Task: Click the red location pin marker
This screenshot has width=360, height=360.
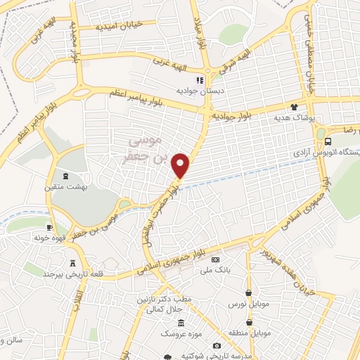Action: [181, 165]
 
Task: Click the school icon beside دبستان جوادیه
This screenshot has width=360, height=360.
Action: [199, 80]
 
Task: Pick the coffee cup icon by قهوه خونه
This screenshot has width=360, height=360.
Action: [49, 227]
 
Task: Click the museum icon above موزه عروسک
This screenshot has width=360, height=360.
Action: [181, 323]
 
